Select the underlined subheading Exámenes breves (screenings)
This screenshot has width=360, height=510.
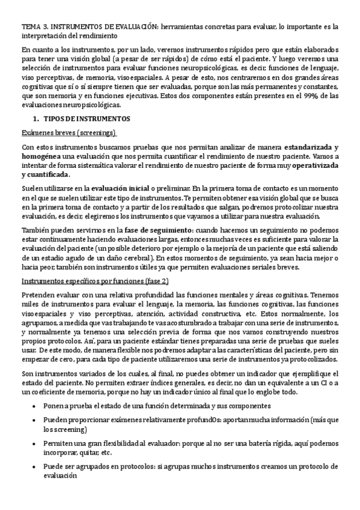point(69,132)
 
